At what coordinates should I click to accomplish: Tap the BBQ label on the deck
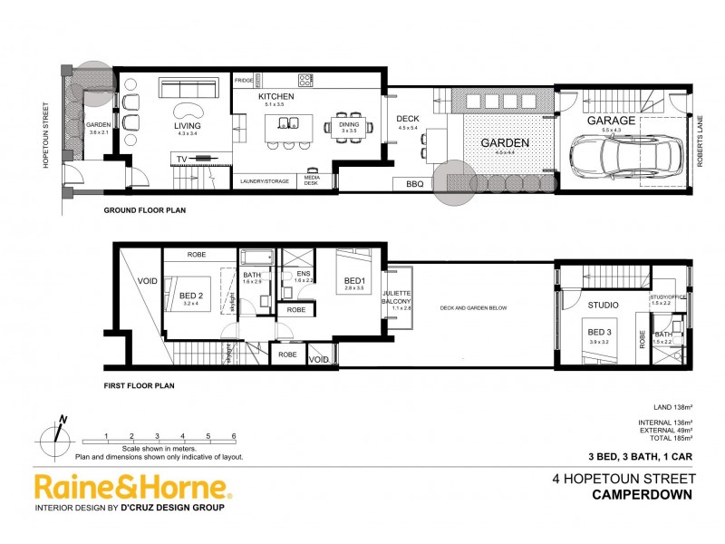414,184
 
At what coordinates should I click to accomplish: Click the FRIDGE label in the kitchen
244,81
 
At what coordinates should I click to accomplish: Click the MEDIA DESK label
312,180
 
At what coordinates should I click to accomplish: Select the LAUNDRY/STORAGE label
265,181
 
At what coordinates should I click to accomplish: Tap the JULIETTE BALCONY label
397,298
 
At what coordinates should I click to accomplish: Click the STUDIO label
603,305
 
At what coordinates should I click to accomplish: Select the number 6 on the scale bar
233,436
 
